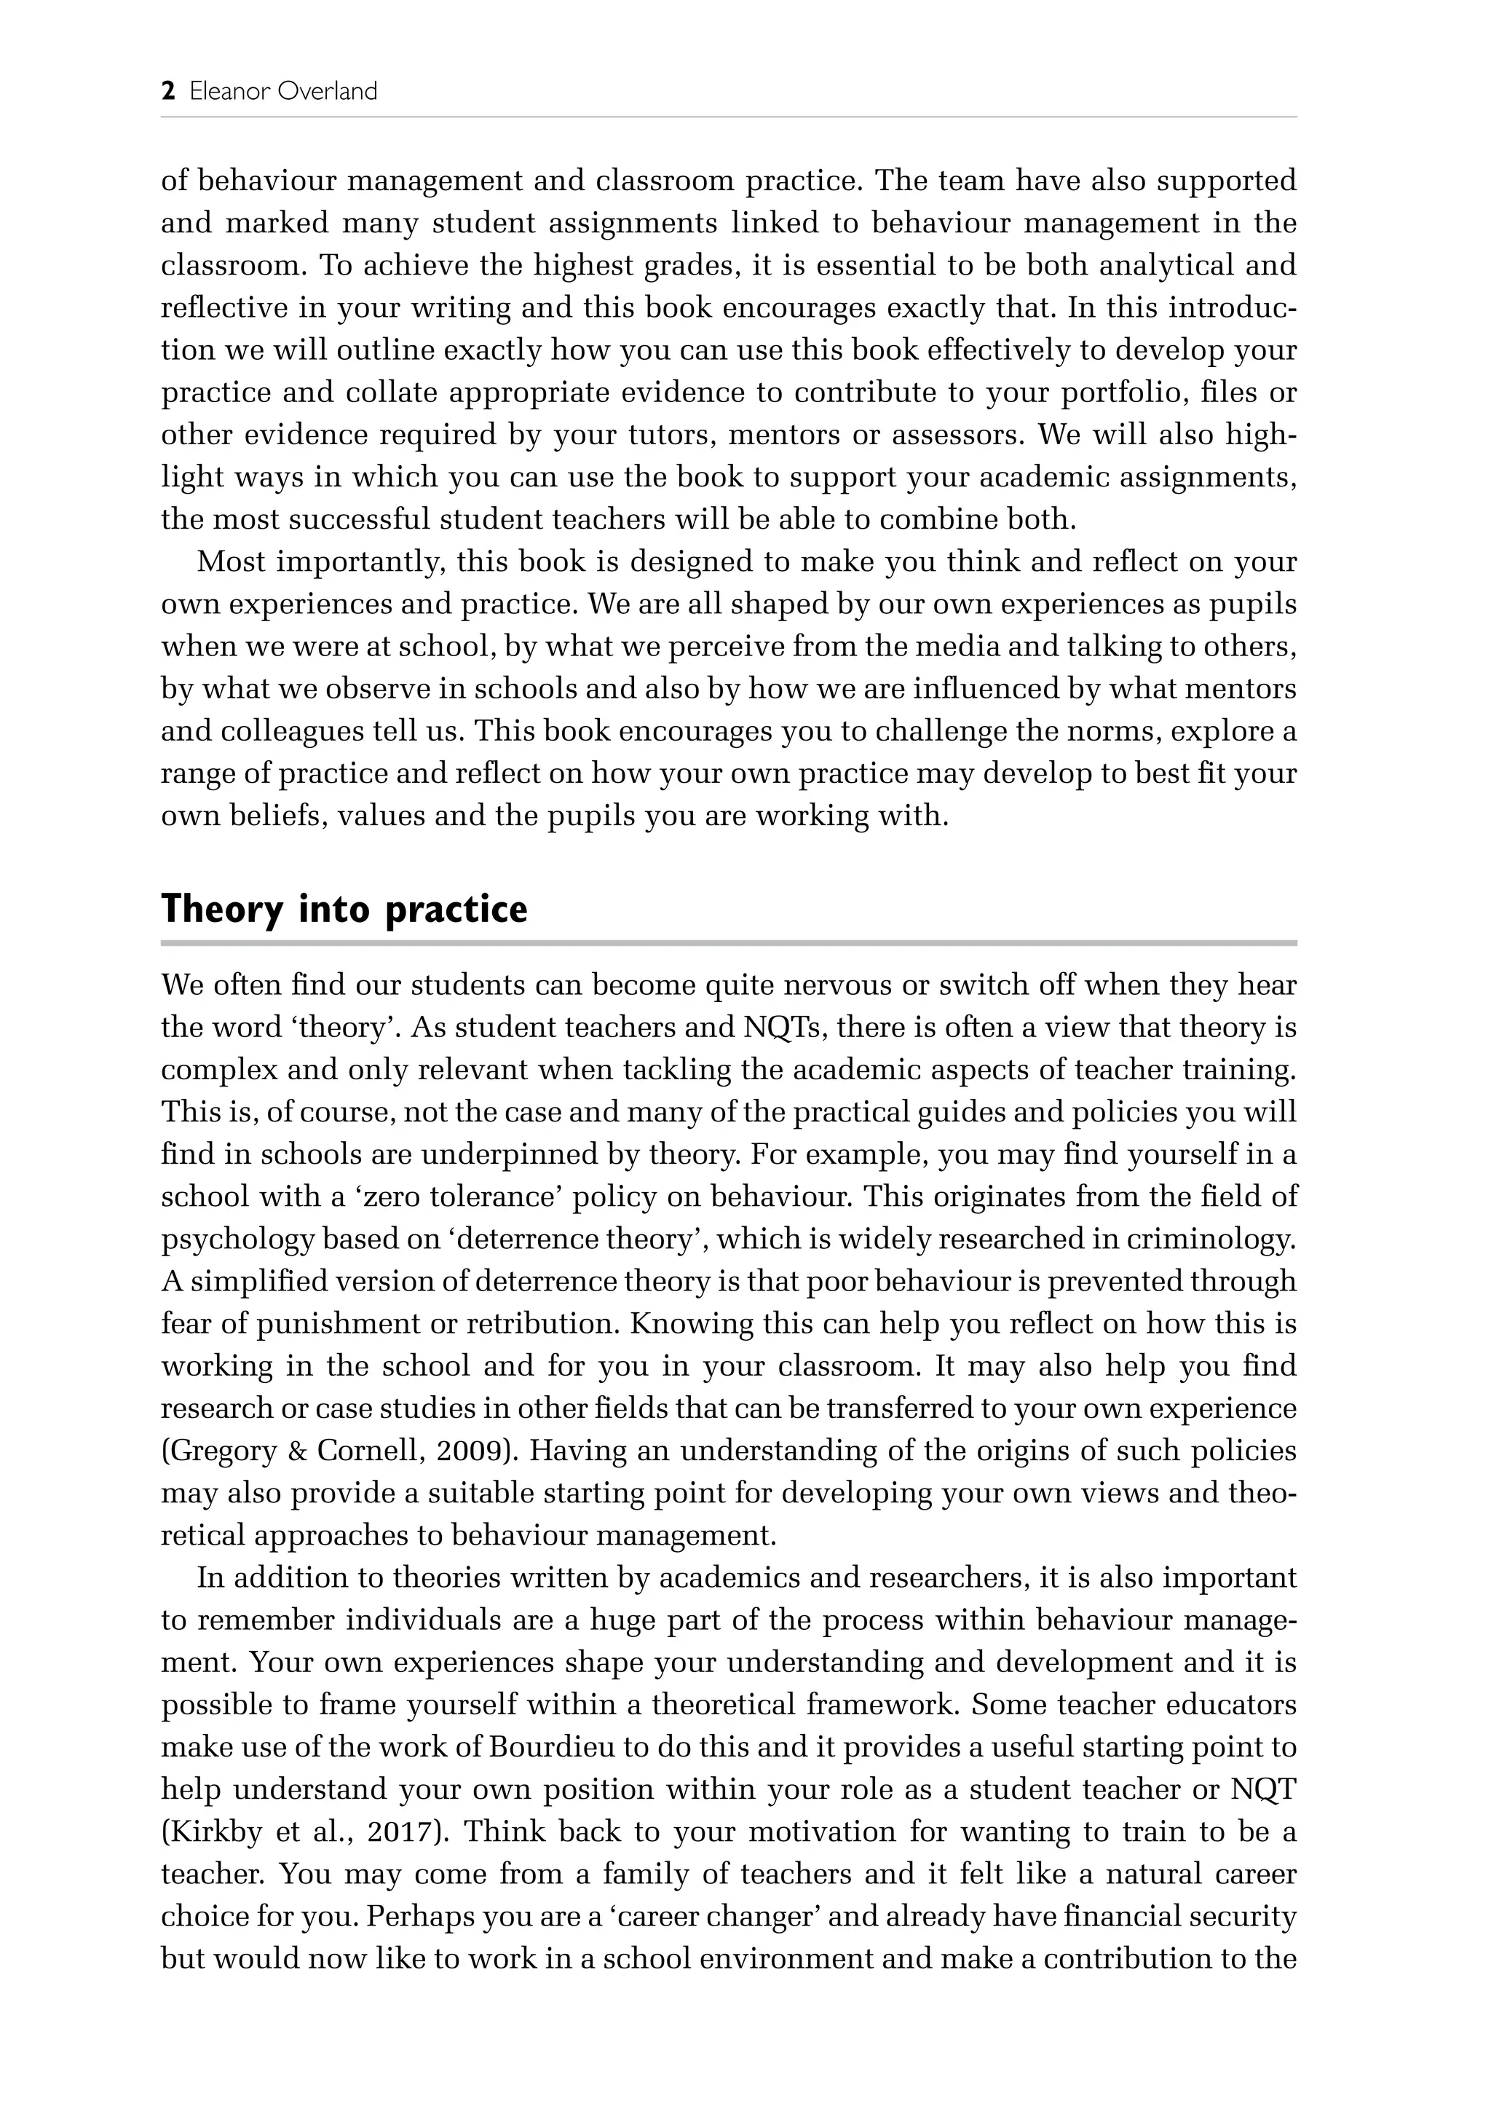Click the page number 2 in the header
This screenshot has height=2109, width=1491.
[x=168, y=92]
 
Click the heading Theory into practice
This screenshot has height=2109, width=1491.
[x=344, y=910]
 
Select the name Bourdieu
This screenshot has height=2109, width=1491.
[x=553, y=1746]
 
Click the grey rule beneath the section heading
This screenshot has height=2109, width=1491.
[x=728, y=942]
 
